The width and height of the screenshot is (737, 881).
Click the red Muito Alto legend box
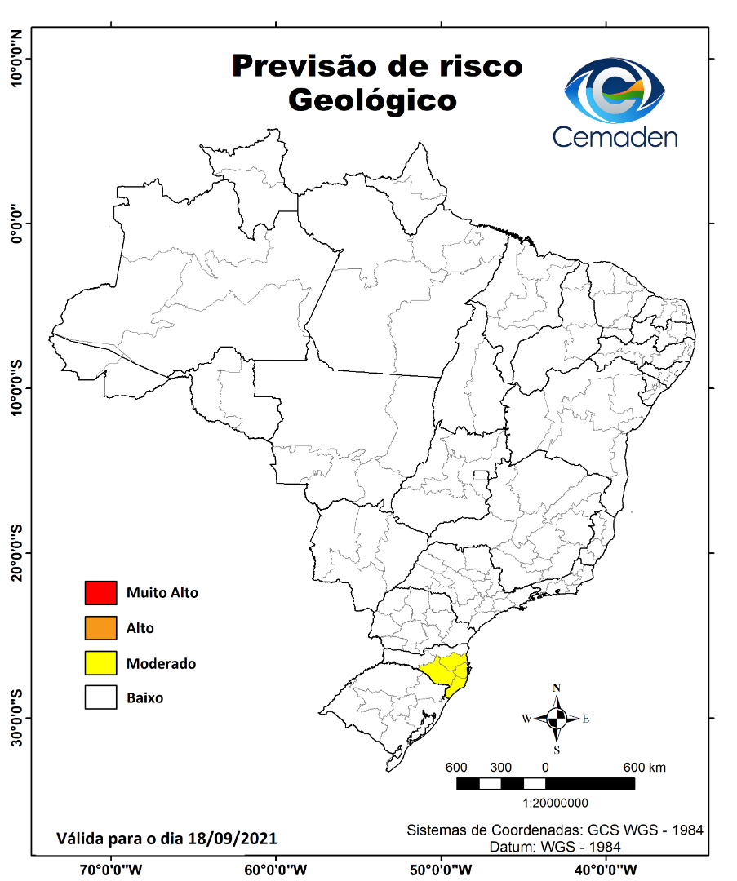[100, 593]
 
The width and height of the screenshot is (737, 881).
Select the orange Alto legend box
[100, 628]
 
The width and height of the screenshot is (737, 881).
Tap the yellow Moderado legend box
[100, 663]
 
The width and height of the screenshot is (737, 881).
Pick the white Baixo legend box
[100, 698]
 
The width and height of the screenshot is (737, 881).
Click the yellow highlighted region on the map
[448, 671]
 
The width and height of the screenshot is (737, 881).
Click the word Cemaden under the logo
[615, 135]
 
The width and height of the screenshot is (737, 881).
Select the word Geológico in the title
[372, 100]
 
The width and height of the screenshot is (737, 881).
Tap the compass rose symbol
[557, 719]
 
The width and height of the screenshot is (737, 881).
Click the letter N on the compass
[557, 688]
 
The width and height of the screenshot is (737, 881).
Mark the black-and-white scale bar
[545, 783]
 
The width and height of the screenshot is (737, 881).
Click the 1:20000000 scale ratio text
[544, 803]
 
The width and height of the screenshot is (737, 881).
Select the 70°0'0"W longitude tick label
[110, 868]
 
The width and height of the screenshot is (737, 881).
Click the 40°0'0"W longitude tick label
[606, 868]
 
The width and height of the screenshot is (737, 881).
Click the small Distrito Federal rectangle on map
[481, 475]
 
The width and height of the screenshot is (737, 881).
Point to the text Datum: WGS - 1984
[555, 847]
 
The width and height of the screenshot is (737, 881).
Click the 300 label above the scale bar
[500, 768]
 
